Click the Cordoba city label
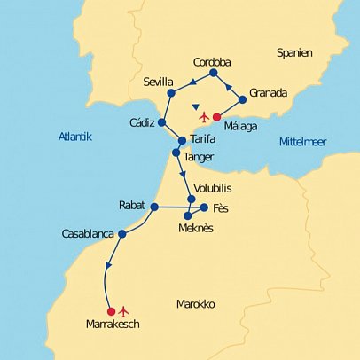click(212, 62)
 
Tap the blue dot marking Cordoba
click(213, 74)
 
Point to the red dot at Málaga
click(216, 116)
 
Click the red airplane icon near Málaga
click(204, 117)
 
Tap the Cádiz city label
click(141, 122)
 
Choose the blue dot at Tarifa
click(182, 140)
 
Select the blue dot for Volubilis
click(192, 199)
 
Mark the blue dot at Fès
click(205, 207)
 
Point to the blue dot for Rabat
click(153, 207)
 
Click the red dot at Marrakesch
click(111, 311)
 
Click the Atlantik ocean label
click(74, 137)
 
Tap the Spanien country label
click(293, 53)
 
